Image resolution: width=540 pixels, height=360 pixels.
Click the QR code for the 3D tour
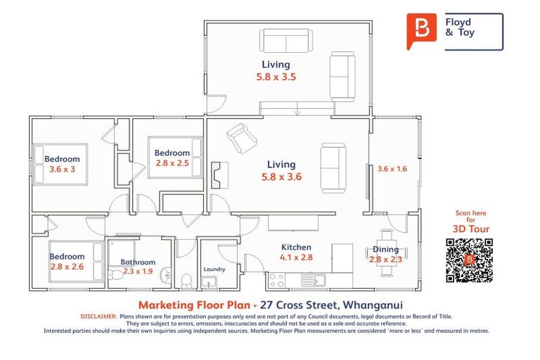(469, 260)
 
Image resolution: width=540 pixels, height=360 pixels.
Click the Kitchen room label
(296, 247)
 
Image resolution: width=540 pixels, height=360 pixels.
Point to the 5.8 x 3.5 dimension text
(275, 77)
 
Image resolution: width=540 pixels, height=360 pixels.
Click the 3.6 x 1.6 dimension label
(392, 169)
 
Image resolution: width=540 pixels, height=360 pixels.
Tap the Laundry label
(214, 269)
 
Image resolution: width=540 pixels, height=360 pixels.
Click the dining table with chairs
(385, 246)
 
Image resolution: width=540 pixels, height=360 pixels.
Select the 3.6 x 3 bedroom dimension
(62, 169)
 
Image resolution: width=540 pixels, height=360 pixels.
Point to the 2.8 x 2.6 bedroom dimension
(67, 266)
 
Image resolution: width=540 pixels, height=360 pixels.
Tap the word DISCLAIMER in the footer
(98, 317)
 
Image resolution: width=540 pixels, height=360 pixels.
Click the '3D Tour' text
(471, 229)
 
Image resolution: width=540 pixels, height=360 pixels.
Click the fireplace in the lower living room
(217, 172)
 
